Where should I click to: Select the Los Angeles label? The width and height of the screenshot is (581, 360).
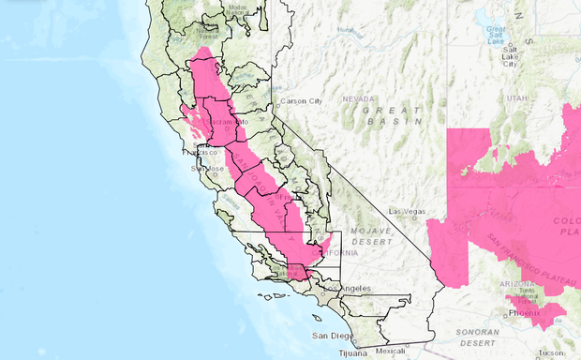(x=350, y=289)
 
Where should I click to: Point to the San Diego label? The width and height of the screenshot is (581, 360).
(x=330, y=336)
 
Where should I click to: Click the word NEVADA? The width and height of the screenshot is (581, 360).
(x=357, y=98)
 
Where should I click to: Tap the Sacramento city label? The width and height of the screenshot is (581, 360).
(x=229, y=122)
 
